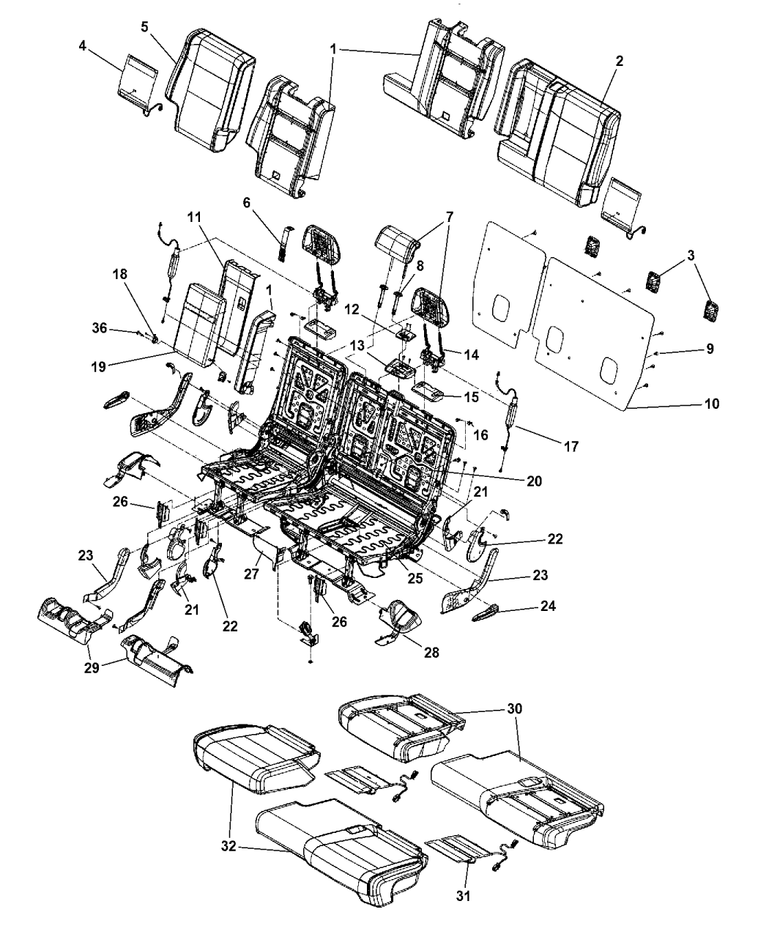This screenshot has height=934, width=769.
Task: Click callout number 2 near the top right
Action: (619, 62)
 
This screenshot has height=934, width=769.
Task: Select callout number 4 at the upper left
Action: (83, 46)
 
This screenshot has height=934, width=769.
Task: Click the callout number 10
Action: (711, 404)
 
